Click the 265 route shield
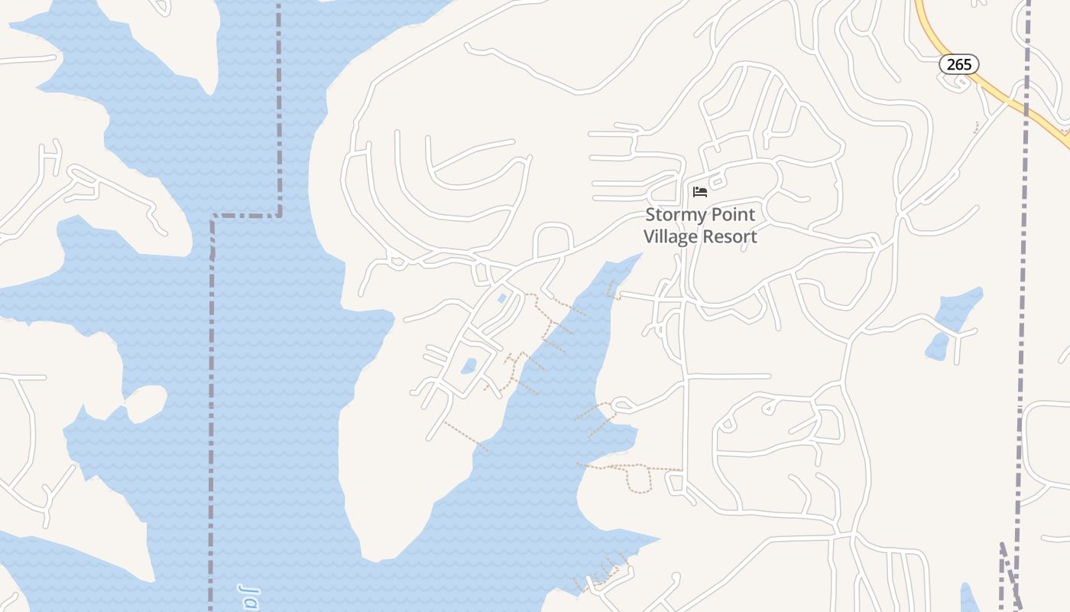pos(958,65)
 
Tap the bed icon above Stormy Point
pos(699,191)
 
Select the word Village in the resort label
pos(670,236)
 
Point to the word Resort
pos(730,236)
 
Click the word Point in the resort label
pos(734,215)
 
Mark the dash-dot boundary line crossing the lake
pos(212,382)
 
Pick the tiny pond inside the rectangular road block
pos(469,366)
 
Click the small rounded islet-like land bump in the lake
pos(147,402)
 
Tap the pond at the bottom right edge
pos(968,598)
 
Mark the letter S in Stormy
pos(650,215)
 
